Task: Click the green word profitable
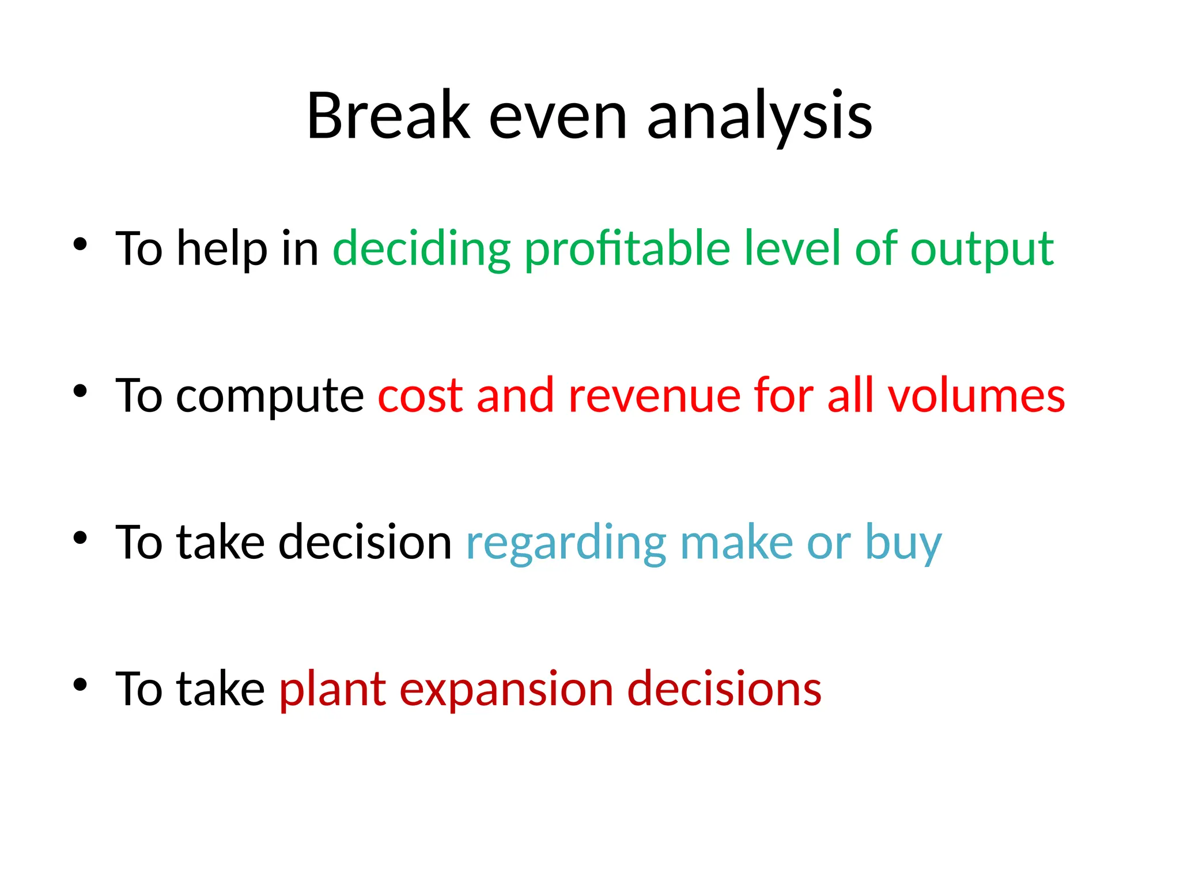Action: (x=627, y=249)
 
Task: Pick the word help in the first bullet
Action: (x=222, y=249)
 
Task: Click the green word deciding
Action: (x=422, y=249)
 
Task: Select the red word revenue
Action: (x=654, y=396)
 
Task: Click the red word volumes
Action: (x=976, y=395)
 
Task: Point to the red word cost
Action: (x=421, y=396)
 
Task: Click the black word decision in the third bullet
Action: (x=365, y=542)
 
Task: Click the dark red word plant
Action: (x=332, y=690)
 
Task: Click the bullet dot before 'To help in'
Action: (x=80, y=244)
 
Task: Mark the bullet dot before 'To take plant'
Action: (x=80, y=684)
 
